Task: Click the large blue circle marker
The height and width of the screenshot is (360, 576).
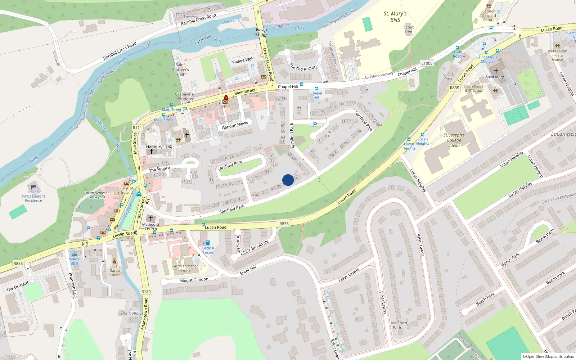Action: click(288, 180)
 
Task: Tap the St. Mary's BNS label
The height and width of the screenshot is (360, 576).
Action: click(395, 17)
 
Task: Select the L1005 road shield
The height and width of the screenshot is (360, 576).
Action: click(427, 63)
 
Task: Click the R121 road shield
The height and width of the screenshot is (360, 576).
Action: click(137, 128)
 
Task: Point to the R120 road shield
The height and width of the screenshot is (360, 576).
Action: click(146, 292)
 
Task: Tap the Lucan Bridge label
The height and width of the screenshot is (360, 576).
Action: click(261, 32)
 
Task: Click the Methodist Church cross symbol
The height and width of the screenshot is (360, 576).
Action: click(151, 219)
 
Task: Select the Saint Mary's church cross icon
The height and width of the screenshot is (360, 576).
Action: click(496, 71)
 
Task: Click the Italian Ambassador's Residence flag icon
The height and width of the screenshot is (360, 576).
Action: click(33, 186)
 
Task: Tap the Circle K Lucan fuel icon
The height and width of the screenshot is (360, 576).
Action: click(208, 243)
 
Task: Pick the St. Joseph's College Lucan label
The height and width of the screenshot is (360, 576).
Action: click(454, 140)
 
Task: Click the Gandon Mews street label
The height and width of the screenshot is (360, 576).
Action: click(235, 125)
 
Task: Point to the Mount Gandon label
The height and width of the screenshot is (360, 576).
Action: click(194, 280)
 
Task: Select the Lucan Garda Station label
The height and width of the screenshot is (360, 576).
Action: click(114, 270)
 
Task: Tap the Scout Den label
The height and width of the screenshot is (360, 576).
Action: click(408, 30)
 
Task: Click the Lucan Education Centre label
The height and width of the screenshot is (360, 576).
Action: click(185, 268)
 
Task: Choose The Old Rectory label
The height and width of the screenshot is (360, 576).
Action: click(303, 67)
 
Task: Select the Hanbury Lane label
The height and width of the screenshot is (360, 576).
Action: click(159, 147)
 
